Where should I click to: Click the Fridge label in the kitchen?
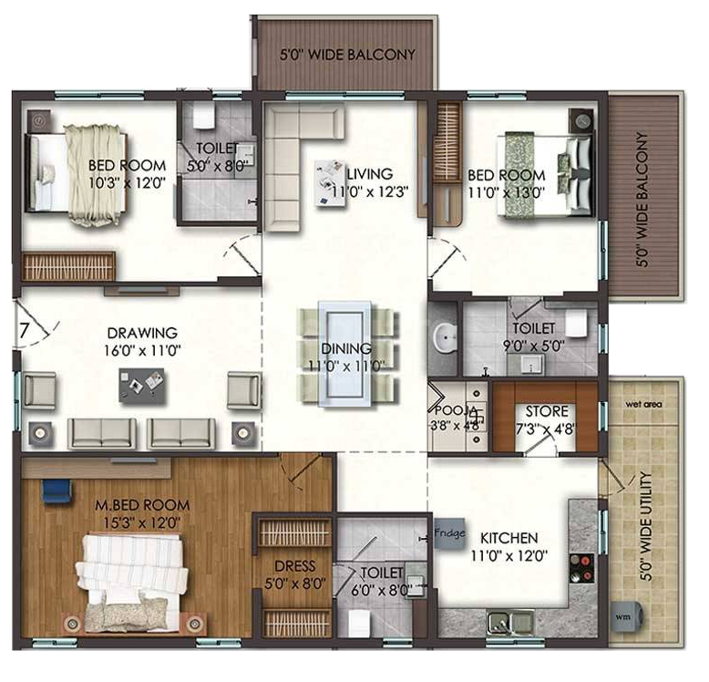click(449, 532)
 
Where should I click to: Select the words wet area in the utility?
click(643, 404)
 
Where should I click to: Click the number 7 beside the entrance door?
click(24, 330)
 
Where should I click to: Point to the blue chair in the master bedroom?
click(57, 491)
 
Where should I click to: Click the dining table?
click(345, 354)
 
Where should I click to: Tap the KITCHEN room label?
click(509, 538)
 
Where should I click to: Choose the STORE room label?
click(547, 411)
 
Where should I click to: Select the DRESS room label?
click(295, 566)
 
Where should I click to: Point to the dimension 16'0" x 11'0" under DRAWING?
click(142, 350)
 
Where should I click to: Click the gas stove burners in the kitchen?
click(581, 568)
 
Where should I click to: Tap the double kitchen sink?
click(510, 623)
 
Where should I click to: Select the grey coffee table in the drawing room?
click(141, 385)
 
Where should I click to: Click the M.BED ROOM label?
click(142, 505)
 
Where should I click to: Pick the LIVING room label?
click(370, 173)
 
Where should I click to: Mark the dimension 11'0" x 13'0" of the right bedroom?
click(507, 193)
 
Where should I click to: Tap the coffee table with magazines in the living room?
click(330, 182)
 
